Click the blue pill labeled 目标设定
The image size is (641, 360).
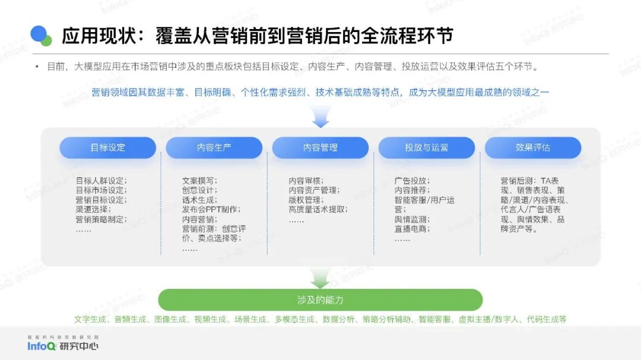click(107, 148)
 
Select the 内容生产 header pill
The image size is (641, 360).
click(214, 148)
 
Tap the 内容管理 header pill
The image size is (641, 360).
click(320, 148)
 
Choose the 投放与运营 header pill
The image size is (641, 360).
click(426, 148)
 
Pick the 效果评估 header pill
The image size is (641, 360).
click(532, 148)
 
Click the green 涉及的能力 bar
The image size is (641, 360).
click(320, 300)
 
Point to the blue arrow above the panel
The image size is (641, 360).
click(320, 117)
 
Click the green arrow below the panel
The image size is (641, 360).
click(320, 279)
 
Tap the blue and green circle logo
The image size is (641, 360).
click(41, 36)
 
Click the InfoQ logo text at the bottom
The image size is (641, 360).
click(42, 346)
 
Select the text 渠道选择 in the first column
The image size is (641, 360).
click(91, 209)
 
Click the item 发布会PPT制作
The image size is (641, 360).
click(210, 209)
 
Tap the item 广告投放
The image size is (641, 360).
click(411, 181)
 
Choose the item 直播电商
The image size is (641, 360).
click(411, 229)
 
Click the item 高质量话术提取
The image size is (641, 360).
click(316, 209)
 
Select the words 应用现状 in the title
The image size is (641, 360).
click(99, 36)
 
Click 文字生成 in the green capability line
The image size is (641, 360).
click(90, 319)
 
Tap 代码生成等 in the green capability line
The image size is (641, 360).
click(547, 319)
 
